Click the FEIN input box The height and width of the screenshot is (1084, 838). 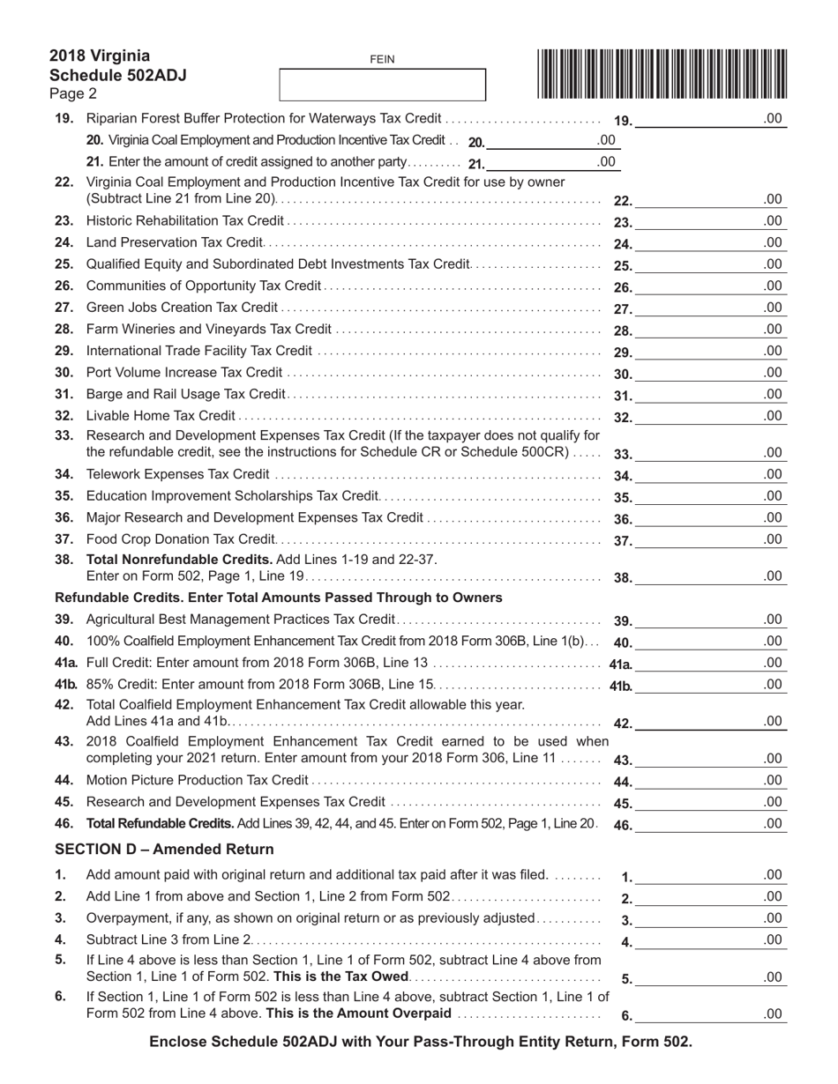pos(382,85)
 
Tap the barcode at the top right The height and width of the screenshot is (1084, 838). pos(661,72)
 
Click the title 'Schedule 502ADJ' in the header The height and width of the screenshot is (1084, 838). pos(118,75)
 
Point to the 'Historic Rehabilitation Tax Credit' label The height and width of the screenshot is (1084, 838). pos(185,221)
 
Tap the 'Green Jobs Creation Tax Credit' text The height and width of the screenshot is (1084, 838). pos(182,308)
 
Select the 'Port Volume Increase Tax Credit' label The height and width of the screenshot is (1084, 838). pos(184,373)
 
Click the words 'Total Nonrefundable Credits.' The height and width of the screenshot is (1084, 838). pos(179,559)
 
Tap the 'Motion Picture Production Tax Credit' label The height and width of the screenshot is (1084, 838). pos(197,780)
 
